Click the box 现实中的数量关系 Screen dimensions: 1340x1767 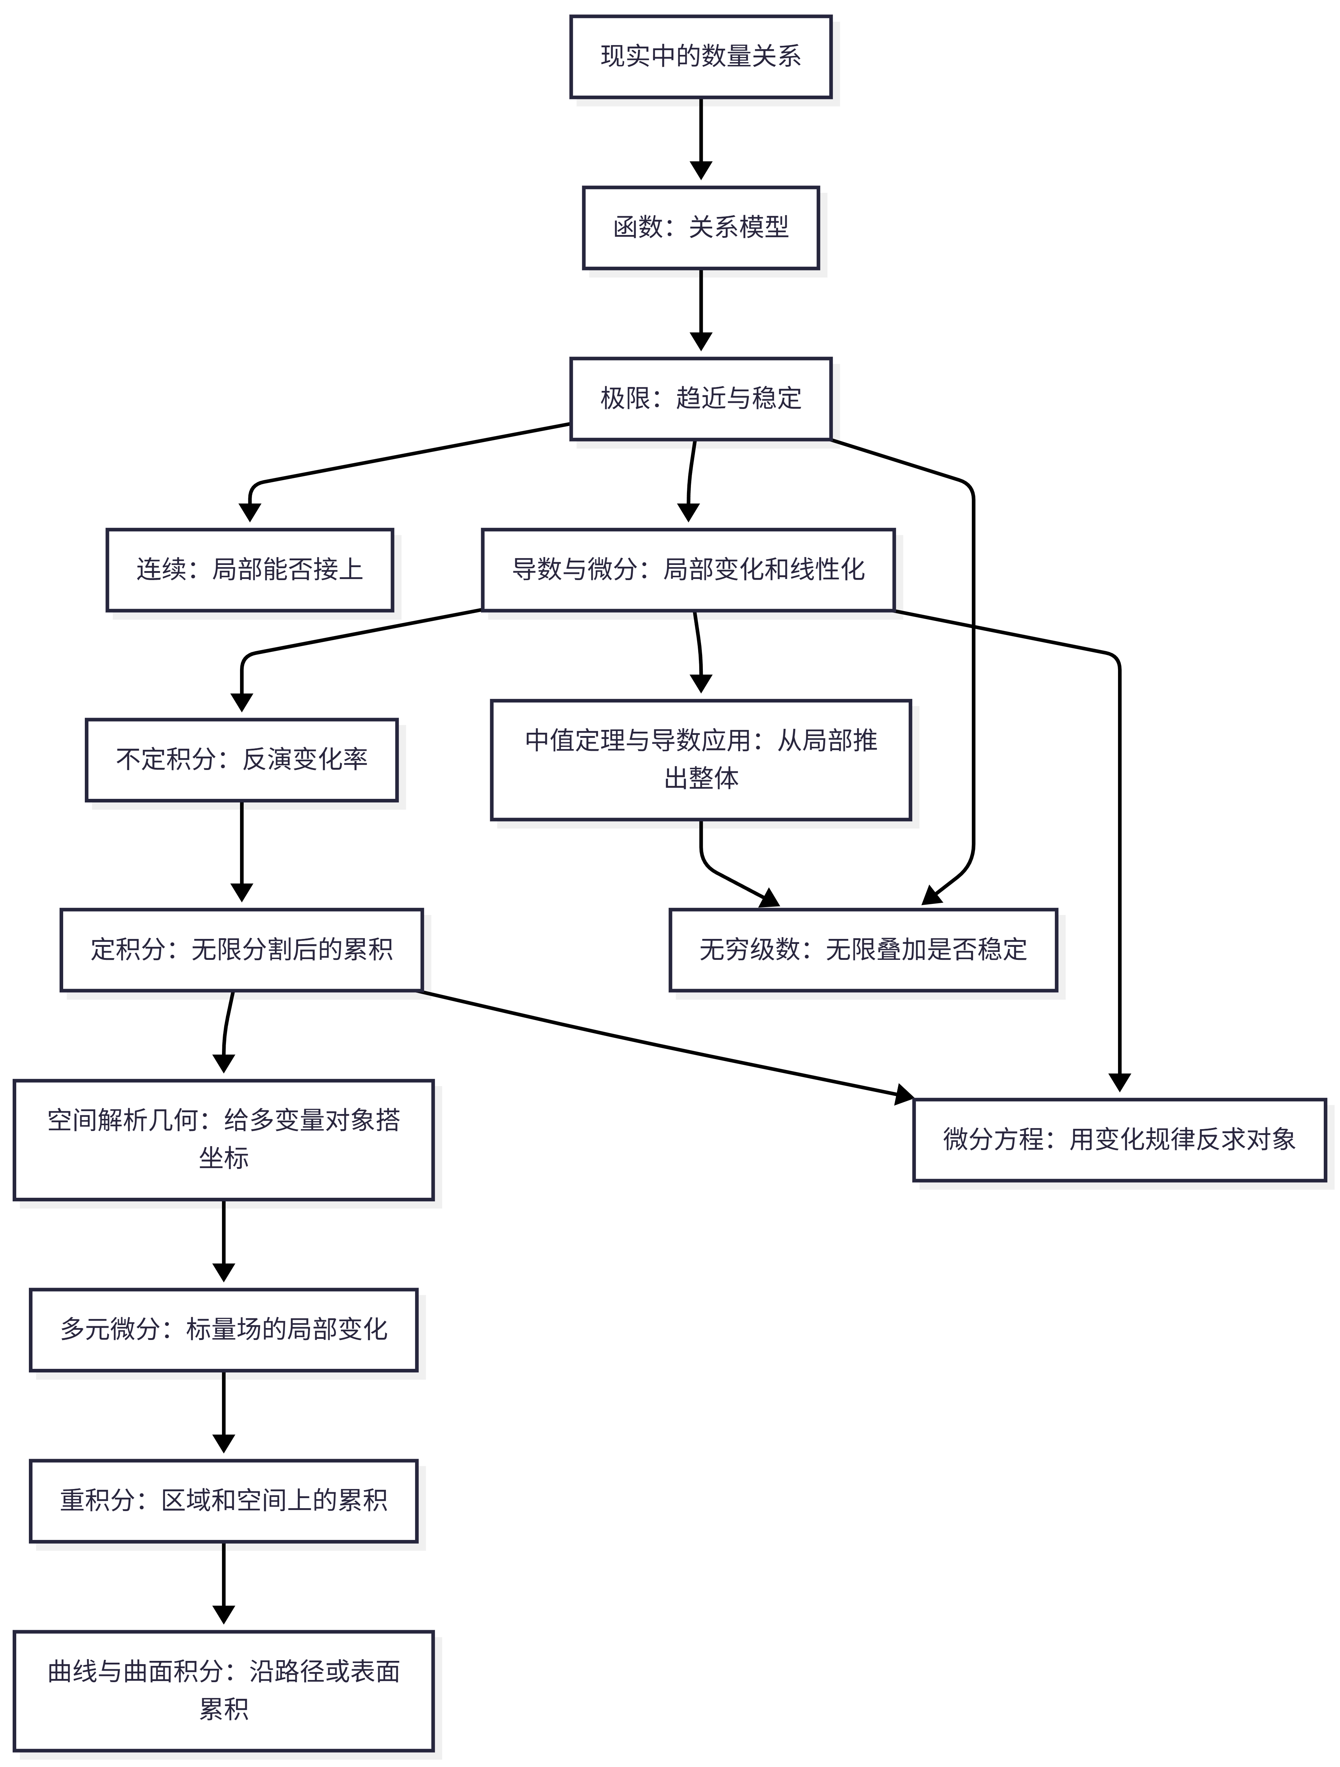701,57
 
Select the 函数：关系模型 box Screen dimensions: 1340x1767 701,228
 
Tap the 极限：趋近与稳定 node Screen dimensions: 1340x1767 701,399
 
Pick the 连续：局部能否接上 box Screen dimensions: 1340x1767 250,570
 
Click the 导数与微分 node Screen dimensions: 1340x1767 688,570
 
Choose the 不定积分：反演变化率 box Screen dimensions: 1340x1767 241,760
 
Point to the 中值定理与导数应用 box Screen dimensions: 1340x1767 701,760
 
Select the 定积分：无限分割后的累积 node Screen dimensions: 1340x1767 241,950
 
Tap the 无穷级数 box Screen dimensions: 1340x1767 863,950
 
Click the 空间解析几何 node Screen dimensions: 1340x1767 224,1140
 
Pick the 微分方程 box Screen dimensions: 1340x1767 1119,1140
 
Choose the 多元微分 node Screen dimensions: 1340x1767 224,1330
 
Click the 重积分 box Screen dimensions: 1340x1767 224,1501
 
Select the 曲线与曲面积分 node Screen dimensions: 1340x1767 224,1691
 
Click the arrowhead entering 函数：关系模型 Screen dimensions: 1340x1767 701,170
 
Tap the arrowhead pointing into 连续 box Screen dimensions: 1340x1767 250,512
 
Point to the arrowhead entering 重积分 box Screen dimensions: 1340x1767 224,1444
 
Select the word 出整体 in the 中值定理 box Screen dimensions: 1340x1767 701,778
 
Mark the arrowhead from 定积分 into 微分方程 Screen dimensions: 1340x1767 905,1094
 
